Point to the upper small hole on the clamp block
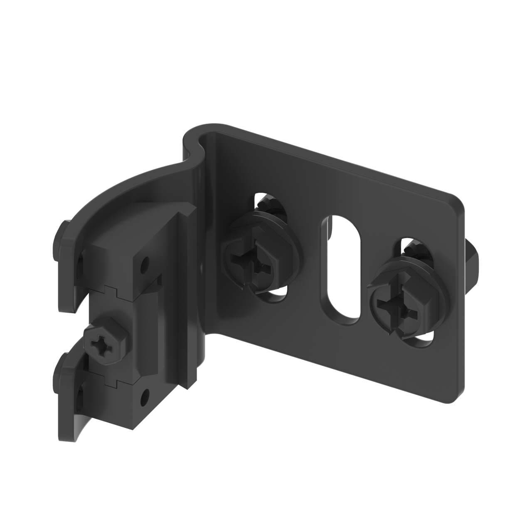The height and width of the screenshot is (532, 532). pyautogui.click(x=144, y=263)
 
